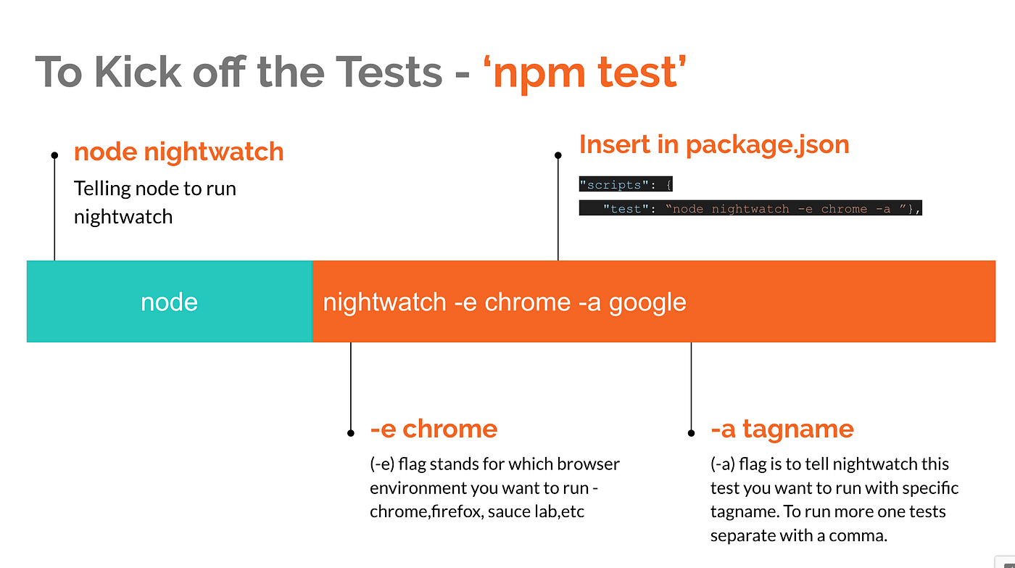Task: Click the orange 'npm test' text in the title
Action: [585, 73]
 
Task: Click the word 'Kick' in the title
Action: [138, 72]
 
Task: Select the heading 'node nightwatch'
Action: [178, 152]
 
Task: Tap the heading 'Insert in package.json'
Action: [714, 145]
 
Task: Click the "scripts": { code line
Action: [625, 184]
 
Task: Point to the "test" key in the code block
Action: [625, 208]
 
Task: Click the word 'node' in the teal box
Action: [169, 302]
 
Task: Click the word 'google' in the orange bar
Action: [647, 302]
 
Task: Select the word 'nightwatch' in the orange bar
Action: [384, 302]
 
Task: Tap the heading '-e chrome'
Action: [434, 429]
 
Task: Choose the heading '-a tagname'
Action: [782, 429]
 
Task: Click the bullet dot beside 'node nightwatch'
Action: [54, 155]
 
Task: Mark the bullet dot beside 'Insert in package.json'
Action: [558, 155]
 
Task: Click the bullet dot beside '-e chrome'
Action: [350, 433]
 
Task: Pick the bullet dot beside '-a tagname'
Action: [691, 433]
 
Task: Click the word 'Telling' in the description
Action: [102, 189]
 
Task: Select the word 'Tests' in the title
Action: [389, 72]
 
